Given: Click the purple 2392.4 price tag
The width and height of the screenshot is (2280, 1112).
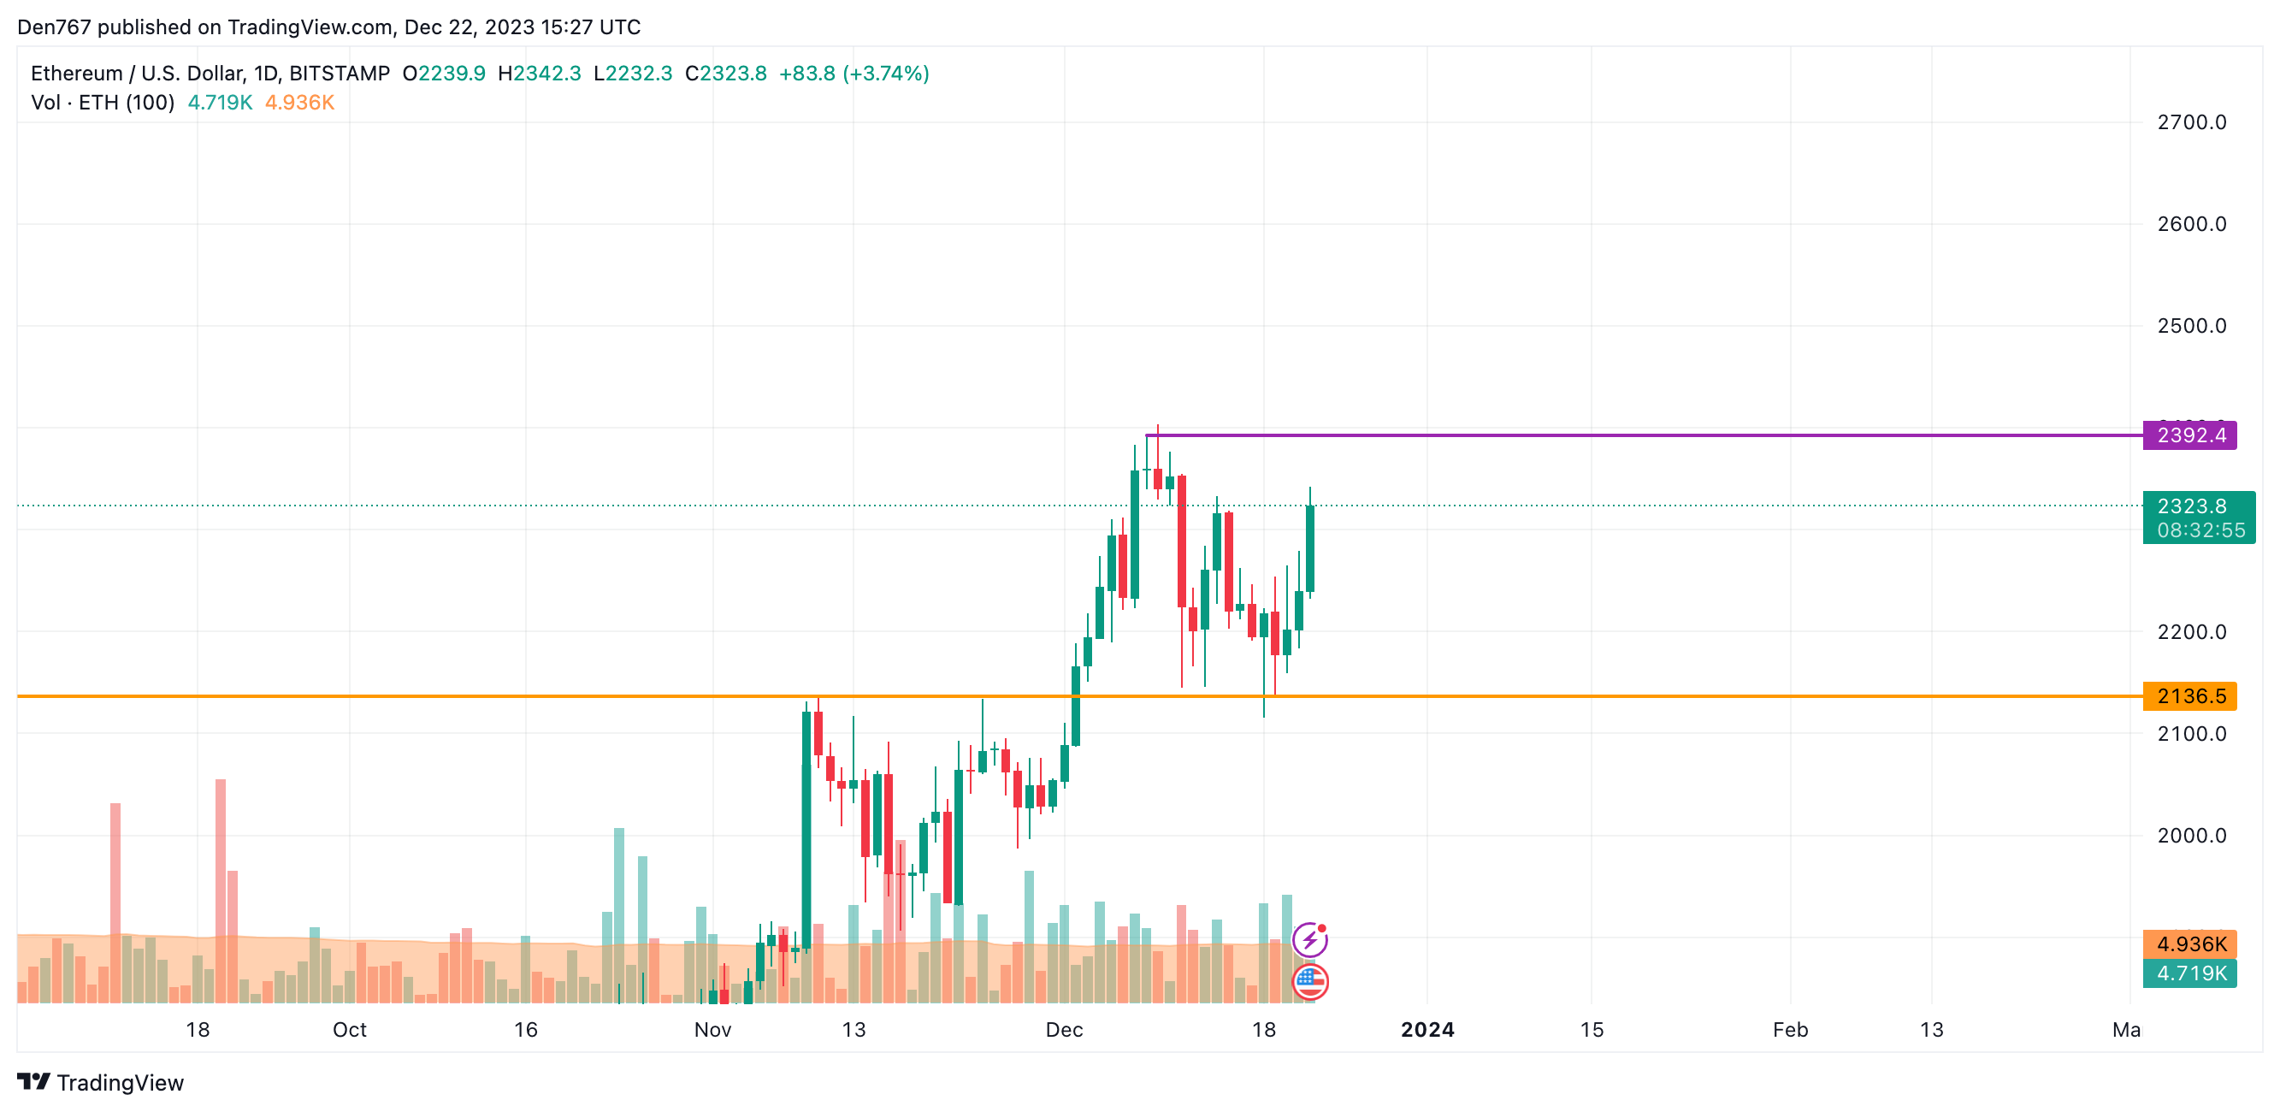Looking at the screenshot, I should (x=2188, y=435).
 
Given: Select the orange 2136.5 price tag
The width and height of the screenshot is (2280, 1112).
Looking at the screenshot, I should (x=2188, y=696).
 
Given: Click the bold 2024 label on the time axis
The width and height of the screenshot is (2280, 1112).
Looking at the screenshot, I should (x=1426, y=1030).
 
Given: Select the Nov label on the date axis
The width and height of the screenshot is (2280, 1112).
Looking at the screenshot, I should (x=712, y=1030).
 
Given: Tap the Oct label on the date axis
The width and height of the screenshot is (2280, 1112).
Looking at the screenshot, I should (x=350, y=1030).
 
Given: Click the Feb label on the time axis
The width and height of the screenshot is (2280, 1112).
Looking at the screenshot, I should (x=1790, y=1030).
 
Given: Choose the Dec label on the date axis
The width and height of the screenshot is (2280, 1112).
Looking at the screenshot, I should (x=1064, y=1030).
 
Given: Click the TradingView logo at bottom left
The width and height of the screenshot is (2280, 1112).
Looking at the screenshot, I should (x=100, y=1082).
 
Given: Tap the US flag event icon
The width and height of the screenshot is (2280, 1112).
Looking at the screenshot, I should (x=1310, y=981).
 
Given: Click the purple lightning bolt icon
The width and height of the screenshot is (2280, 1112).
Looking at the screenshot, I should (x=1310, y=939).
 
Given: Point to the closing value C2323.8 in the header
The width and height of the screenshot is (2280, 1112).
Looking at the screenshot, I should (x=726, y=74).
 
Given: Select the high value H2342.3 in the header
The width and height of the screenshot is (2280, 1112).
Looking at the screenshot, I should (x=539, y=74).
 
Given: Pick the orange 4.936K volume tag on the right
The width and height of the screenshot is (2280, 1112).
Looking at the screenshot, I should (x=2188, y=943).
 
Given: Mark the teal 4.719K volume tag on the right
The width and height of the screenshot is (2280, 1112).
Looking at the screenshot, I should (x=2188, y=974).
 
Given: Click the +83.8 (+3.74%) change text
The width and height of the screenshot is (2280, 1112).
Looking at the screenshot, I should (x=854, y=74).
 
